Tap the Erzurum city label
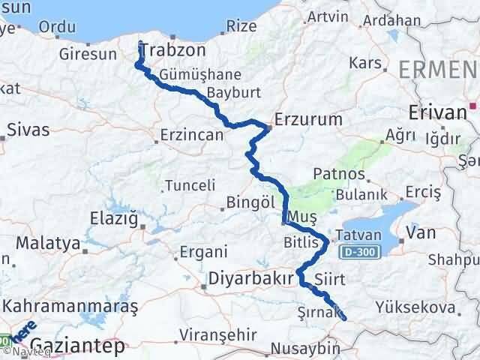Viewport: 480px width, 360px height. pos(308,119)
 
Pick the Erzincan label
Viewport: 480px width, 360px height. pos(192,136)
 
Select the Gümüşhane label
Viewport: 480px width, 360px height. pos(200,75)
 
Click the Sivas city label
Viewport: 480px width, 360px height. pos(28,129)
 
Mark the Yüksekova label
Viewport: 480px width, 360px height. pos(415,307)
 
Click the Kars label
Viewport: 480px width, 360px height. pos(367,62)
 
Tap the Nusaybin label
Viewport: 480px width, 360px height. pos(305,349)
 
